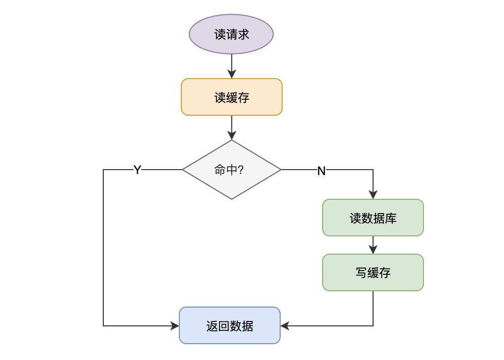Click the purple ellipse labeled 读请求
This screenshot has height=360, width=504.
pyautogui.click(x=231, y=34)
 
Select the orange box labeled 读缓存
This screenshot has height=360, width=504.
pyautogui.click(x=231, y=97)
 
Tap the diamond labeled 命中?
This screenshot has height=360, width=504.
pyautogui.click(x=231, y=170)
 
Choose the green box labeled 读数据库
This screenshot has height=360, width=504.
pyautogui.click(x=373, y=218)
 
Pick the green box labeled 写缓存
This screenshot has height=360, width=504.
pyautogui.click(x=373, y=272)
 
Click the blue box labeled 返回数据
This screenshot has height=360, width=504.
pyautogui.click(x=229, y=325)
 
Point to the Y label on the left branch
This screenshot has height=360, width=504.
pyautogui.click(x=137, y=170)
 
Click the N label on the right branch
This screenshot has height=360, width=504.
pyautogui.click(x=322, y=171)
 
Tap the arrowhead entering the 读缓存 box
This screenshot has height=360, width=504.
pyautogui.click(x=231, y=74)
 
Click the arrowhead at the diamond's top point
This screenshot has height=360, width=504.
pyautogui.click(x=231, y=135)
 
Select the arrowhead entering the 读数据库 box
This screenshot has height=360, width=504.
pyautogui.click(x=373, y=195)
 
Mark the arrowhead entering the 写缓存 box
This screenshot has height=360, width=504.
pyautogui.click(x=373, y=250)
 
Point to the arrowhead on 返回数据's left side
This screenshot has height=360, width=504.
pyautogui.click(x=174, y=325)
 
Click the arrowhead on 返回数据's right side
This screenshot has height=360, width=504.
pyautogui.click(x=285, y=325)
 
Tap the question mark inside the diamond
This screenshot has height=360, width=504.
pyautogui.click(x=241, y=170)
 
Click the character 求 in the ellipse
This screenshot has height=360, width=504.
pyautogui.click(x=243, y=35)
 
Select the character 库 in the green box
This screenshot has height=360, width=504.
pyautogui.click(x=390, y=218)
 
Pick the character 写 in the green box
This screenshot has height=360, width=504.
pyautogui.click(x=361, y=273)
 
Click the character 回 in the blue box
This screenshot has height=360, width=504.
pyautogui.click(x=224, y=326)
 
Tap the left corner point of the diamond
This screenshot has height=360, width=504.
pyautogui.click(x=182, y=170)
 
